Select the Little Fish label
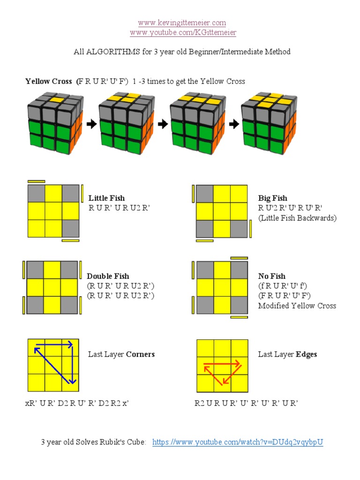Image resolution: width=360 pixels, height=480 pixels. pos(106,198)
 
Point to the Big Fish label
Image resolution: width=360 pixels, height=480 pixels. pos(273,198)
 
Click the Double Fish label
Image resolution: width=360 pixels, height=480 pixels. pos(108,276)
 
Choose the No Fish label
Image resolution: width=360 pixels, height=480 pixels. pos(272,276)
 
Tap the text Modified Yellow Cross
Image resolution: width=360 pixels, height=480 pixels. pos(297,306)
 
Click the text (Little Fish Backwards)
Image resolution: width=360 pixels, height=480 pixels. pos(297,217)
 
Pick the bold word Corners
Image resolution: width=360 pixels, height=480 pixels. pos(140,354)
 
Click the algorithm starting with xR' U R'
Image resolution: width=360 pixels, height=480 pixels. pos(76,403)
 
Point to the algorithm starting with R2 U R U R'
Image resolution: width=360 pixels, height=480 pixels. pos(246,403)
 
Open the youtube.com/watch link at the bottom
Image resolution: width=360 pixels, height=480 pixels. pos(238,442)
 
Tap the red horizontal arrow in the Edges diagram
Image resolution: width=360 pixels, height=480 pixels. pos(222,363)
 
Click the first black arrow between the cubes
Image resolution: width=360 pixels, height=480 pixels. pos(92,124)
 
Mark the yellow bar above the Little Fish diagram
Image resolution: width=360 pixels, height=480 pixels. pos(37,181)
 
